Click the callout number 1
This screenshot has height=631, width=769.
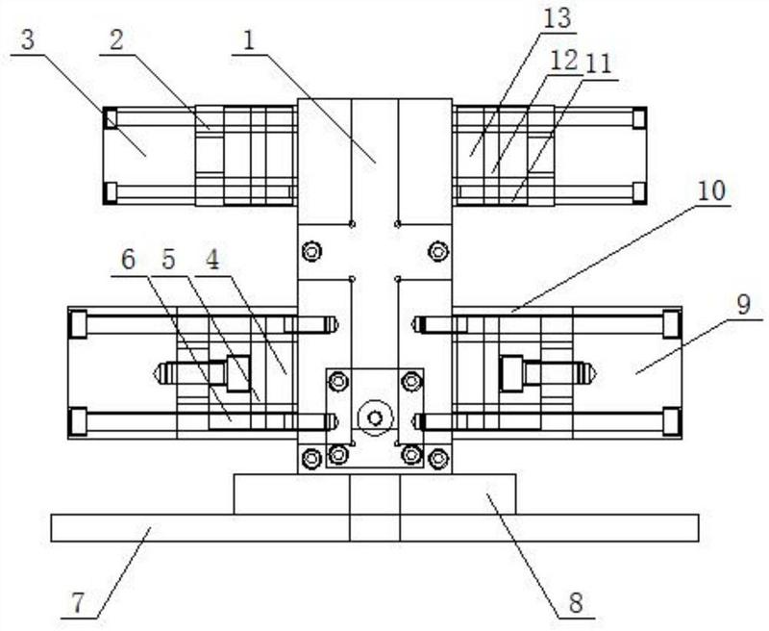pos(249,41)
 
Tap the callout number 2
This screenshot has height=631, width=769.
pos(115,40)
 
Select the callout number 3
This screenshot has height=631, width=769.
pos(28,40)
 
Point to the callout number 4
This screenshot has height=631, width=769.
pos(211,260)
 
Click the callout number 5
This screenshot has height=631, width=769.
pos(168,260)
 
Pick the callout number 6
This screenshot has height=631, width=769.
pos(128,260)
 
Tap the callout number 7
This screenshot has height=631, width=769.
pos(79,603)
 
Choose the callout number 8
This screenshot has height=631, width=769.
pos(576,602)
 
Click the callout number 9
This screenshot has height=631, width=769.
pos(743,305)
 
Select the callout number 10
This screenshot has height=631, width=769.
pos(711,190)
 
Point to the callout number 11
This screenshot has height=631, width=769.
pos(599,63)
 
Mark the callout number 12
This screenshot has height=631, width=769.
pos(564,61)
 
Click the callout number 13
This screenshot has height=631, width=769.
pos(558,18)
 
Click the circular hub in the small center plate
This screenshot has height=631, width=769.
pos(376,418)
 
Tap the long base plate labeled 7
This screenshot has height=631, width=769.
pos(375,528)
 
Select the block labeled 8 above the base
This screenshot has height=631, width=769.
pos(375,494)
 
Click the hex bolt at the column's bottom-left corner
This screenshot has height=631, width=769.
pos(310,459)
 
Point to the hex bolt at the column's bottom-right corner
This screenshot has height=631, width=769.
pos(438,459)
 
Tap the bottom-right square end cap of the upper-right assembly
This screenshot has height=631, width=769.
pos(639,192)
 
